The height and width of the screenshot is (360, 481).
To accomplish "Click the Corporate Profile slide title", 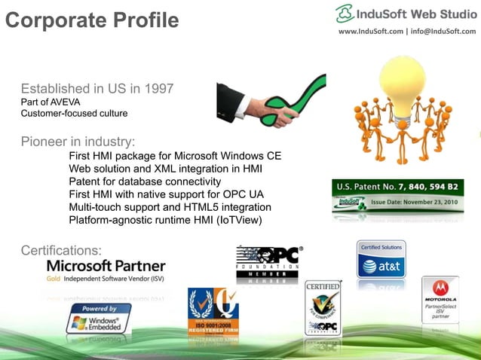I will point(92,18).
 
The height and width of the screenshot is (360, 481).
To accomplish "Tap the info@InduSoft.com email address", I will point(443,31).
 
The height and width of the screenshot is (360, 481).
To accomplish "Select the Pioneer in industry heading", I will point(78,141).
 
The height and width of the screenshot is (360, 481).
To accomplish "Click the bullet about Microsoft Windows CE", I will point(175,156).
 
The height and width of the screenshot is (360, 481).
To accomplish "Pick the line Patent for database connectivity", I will point(145,182).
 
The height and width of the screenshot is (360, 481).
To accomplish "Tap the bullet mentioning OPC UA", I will point(170,194).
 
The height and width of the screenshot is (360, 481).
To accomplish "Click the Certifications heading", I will point(61,250).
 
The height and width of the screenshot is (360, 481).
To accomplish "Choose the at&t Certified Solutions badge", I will point(381,261).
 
